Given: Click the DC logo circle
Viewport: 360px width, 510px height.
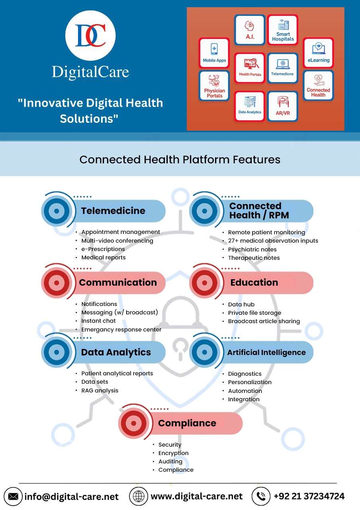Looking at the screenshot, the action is pyautogui.click(x=90, y=35).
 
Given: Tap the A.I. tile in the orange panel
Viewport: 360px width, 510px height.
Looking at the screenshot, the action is pyautogui.click(x=250, y=30).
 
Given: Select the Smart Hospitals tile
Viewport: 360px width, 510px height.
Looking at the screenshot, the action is pyautogui.click(x=283, y=30).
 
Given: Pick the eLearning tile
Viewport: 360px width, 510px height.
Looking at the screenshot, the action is pyautogui.click(x=318, y=53).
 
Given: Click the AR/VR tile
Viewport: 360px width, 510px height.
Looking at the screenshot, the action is pyautogui.click(x=283, y=106).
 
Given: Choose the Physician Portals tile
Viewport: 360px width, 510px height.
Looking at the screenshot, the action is pyautogui.click(x=214, y=86).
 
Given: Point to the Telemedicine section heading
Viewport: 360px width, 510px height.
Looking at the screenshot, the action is pyautogui.click(x=113, y=211).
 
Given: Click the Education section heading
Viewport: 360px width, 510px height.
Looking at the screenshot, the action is pyautogui.click(x=254, y=282).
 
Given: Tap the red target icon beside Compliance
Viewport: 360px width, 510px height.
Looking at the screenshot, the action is pyautogui.click(x=134, y=423).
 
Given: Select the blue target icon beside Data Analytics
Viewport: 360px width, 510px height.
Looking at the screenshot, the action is pyautogui.click(x=57, y=352).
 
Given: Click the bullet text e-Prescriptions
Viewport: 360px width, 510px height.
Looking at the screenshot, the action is pyautogui.click(x=103, y=249).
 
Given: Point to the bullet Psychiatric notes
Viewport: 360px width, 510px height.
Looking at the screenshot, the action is pyautogui.click(x=252, y=249).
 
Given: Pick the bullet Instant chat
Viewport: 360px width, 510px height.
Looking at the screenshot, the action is pyautogui.click(x=98, y=321).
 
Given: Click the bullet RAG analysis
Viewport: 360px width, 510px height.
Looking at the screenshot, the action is pyautogui.click(x=100, y=390).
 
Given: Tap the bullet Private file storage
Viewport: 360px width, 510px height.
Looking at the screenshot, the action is pyautogui.click(x=254, y=313).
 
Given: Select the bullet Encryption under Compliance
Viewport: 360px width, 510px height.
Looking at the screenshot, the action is pyautogui.click(x=173, y=453).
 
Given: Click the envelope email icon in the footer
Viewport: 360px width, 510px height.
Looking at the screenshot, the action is pyautogui.click(x=13, y=496).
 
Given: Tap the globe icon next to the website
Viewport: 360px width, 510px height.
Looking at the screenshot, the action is pyautogui.click(x=139, y=496).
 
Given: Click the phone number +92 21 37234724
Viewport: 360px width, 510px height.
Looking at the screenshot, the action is pyautogui.click(x=309, y=496).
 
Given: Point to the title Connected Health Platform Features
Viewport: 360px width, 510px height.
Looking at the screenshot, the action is pyautogui.click(x=180, y=159).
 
